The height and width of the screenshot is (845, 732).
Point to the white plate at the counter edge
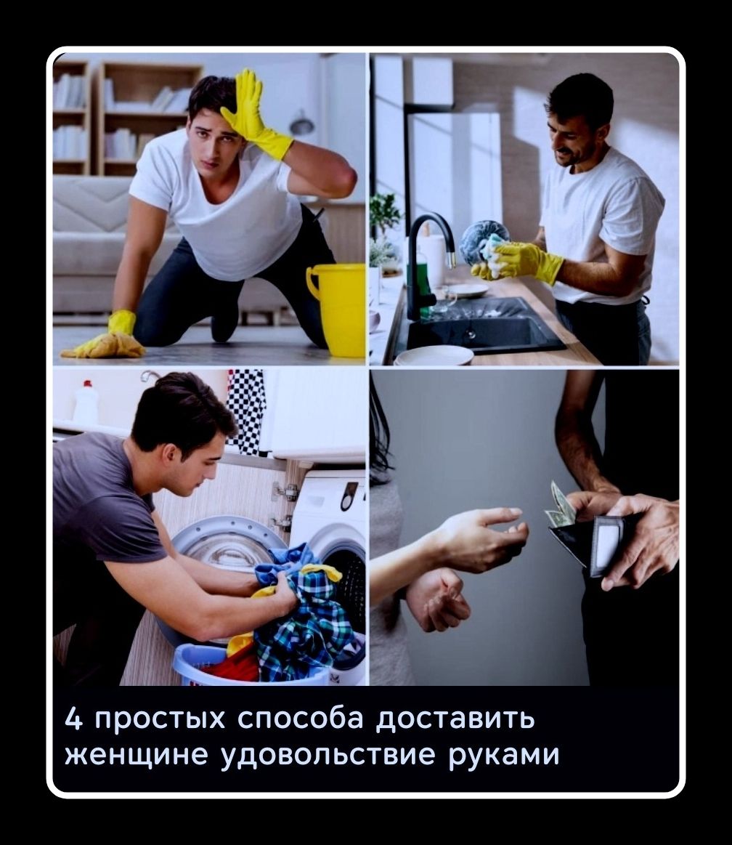tap(434, 355)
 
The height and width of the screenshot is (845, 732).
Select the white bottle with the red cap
tap(86, 403)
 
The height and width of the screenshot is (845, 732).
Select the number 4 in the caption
tap(73, 719)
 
